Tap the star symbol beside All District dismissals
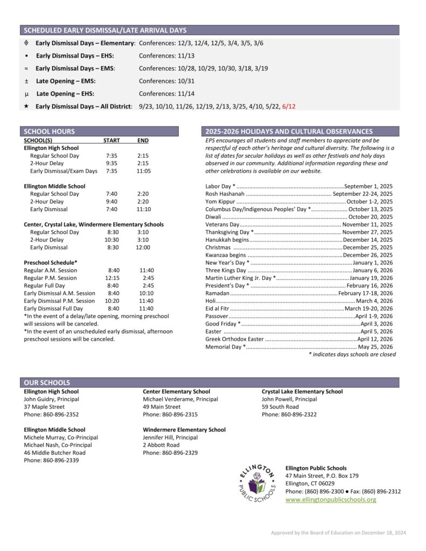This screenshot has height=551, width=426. click(x=26, y=107)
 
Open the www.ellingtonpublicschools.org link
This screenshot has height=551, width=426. click(x=331, y=500)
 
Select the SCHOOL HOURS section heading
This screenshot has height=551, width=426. click(x=50, y=131)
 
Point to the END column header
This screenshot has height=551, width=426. click(x=143, y=140)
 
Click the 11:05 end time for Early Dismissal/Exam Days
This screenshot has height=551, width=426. click(x=143, y=171)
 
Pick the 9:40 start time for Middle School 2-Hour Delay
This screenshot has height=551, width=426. click(x=111, y=201)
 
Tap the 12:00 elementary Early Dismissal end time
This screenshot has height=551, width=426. click(x=143, y=248)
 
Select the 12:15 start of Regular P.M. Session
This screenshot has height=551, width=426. click(x=112, y=278)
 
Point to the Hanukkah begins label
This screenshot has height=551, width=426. click(x=227, y=240)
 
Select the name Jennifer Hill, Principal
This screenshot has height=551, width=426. click(x=170, y=438)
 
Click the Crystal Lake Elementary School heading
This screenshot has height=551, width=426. click(x=302, y=392)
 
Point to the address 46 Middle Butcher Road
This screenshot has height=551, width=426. click(x=54, y=453)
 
